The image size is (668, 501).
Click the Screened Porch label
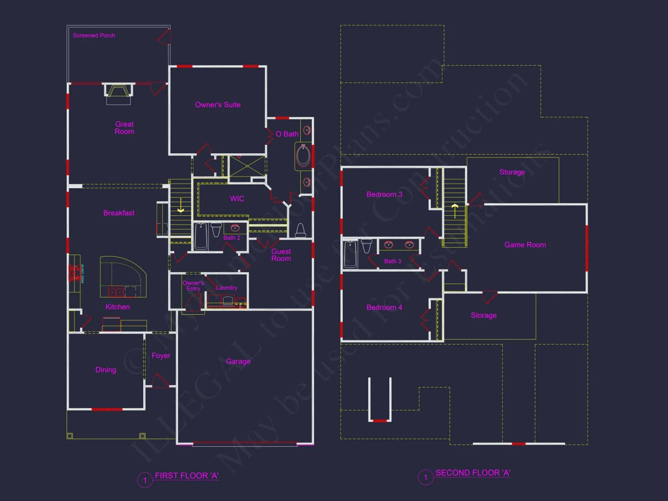click(x=94, y=35)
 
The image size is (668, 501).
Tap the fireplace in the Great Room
click(x=118, y=92)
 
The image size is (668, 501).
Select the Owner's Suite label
click(x=218, y=105)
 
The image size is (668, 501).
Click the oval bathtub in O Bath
click(x=303, y=156)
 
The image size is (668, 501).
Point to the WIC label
click(x=237, y=199)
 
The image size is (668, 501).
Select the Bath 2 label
click(x=232, y=238)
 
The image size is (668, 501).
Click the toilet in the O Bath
click(x=300, y=230)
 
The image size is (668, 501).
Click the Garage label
click(x=238, y=361)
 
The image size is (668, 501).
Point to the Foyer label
click(x=161, y=356)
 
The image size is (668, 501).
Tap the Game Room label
click(x=525, y=245)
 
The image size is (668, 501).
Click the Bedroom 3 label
click(x=384, y=194)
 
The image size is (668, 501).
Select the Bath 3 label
click(x=393, y=261)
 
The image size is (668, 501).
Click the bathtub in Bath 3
click(x=350, y=254)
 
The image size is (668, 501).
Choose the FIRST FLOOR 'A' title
click(x=186, y=476)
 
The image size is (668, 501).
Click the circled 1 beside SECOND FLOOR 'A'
click(x=426, y=477)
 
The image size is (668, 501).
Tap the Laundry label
click(x=226, y=288)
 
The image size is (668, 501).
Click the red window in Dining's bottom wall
click(x=107, y=409)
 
